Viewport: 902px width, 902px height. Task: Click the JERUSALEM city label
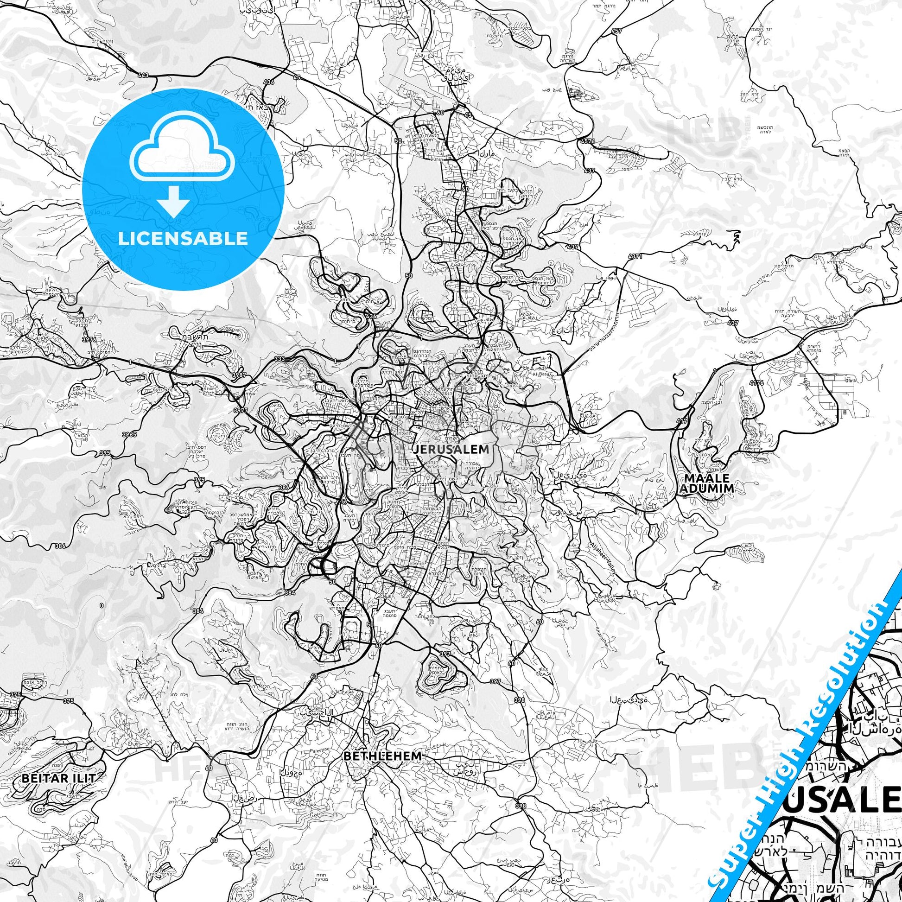tap(451, 450)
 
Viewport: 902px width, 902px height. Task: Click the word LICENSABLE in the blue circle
tap(183, 238)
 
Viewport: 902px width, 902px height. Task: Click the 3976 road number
tap(89, 339)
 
